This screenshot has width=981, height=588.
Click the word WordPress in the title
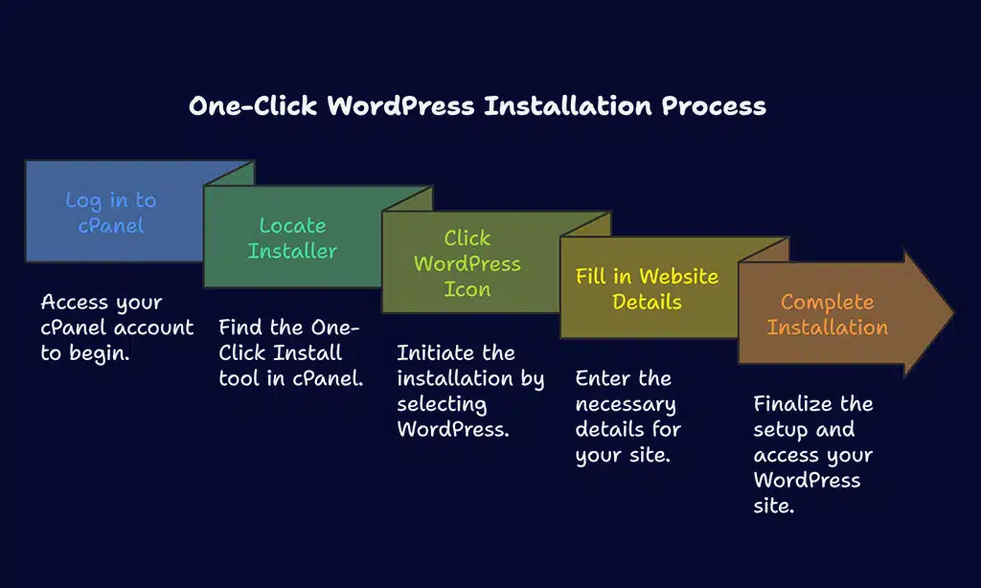coord(400,105)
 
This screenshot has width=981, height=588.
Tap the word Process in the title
coord(714,105)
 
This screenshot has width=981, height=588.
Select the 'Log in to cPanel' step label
coord(110,213)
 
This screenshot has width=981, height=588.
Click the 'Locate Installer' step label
coord(292,238)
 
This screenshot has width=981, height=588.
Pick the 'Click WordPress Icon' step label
coord(467,263)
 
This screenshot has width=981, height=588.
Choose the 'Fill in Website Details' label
coord(647,289)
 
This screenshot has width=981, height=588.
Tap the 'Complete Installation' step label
coord(827,314)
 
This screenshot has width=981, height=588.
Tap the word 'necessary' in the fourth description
coord(626,403)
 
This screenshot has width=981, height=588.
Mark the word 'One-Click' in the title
coord(253,105)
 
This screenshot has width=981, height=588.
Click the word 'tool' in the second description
coord(240,377)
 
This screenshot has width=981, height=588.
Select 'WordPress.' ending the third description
coord(453,428)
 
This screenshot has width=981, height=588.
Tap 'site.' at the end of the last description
coord(774,505)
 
